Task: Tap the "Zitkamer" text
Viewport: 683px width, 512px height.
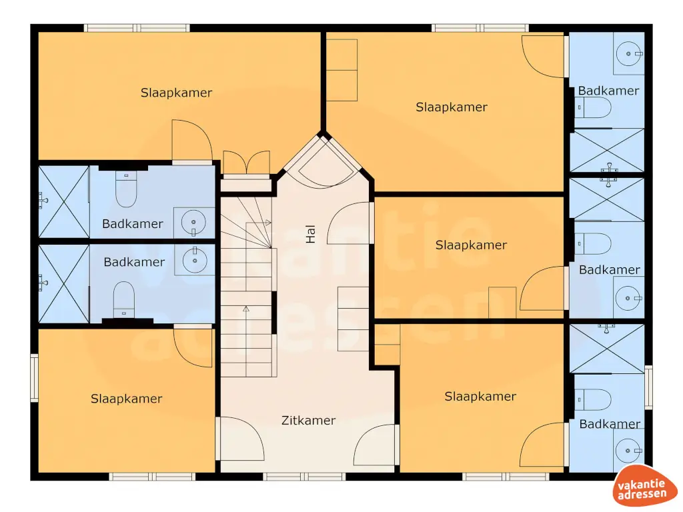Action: point(308,421)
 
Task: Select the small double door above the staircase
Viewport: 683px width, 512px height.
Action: point(246,164)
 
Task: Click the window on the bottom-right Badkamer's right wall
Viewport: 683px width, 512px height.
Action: point(648,387)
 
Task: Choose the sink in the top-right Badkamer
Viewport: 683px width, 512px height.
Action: point(628,52)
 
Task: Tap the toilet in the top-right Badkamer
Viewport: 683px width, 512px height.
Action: point(593,107)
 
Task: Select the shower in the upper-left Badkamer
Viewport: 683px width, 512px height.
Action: point(63,201)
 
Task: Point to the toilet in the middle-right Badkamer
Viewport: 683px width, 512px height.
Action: point(593,244)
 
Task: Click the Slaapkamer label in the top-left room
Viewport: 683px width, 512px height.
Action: point(176,93)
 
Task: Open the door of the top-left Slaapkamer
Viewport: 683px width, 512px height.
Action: point(191,141)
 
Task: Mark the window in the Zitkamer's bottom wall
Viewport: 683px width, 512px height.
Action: point(304,477)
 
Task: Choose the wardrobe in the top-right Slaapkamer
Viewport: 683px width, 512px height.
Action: point(341,69)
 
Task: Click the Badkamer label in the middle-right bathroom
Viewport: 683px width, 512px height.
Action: point(609,270)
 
